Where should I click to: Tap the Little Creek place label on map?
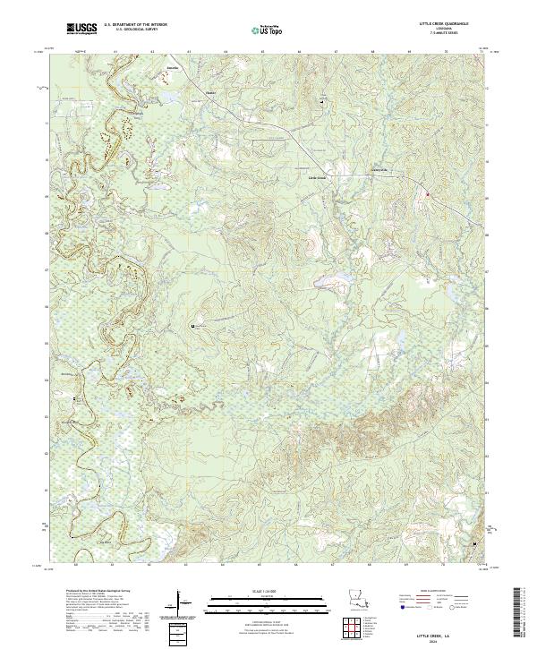point(319,177)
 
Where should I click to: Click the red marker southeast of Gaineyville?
point(428,193)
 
